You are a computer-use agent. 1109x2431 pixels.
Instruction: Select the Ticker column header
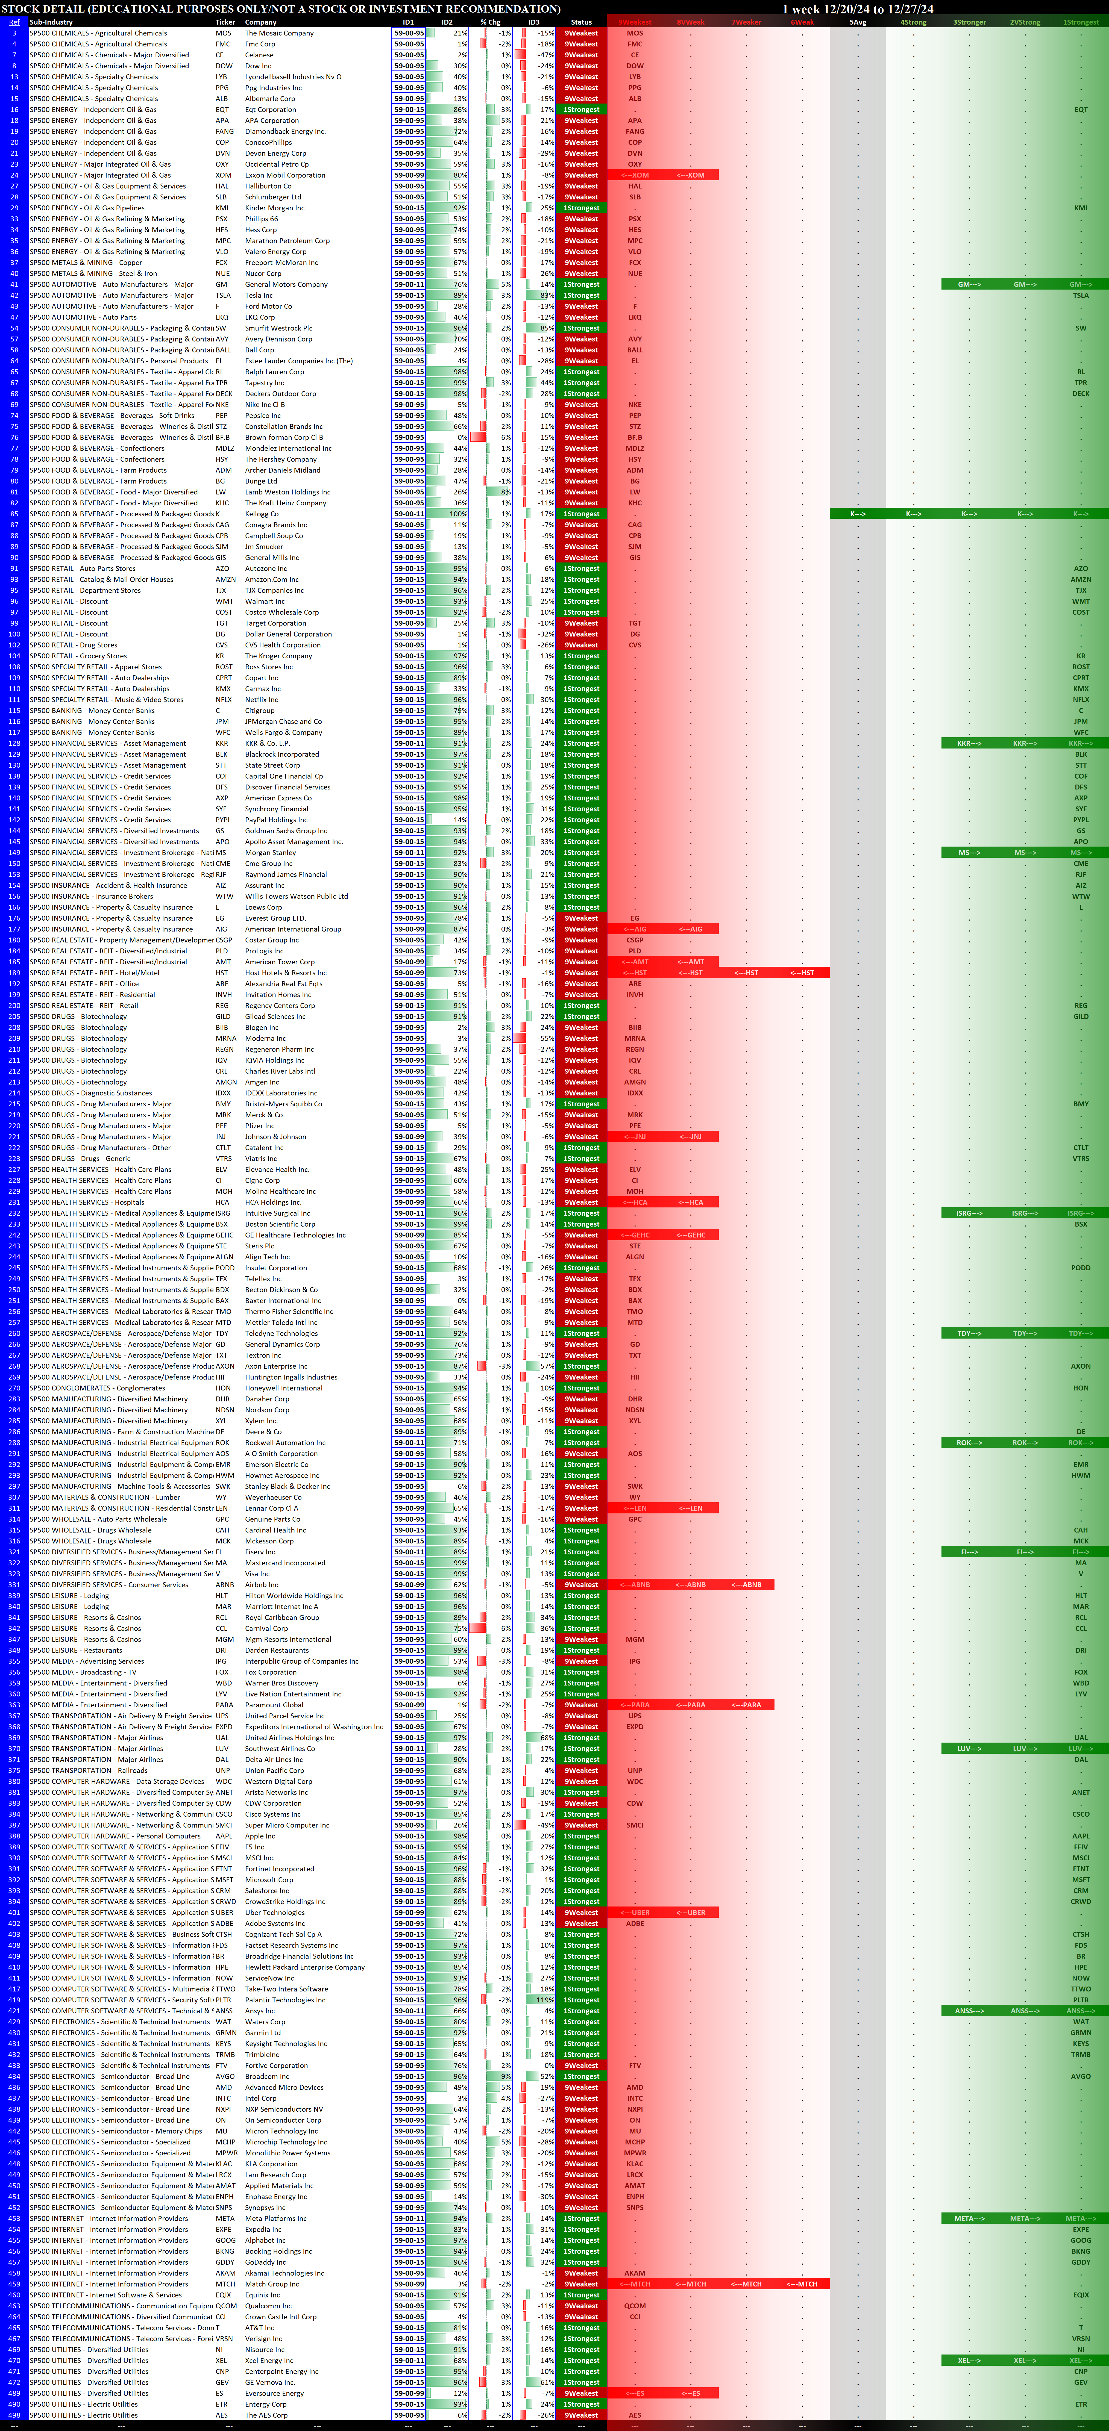pyautogui.click(x=225, y=22)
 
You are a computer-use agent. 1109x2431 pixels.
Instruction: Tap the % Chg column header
pyautogui.click(x=490, y=22)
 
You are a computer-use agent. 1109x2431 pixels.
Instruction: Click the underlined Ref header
pyautogui.click(x=14, y=22)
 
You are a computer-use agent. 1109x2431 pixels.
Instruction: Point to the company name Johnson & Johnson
pyautogui.click(x=275, y=1136)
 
